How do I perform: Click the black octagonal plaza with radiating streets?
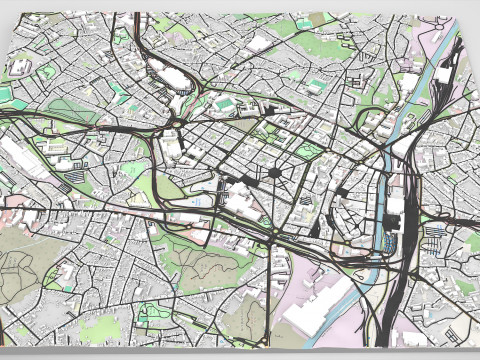click(274, 173)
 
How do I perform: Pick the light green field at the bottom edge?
click(100, 330)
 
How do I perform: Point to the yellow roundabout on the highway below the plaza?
click(274, 237)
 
